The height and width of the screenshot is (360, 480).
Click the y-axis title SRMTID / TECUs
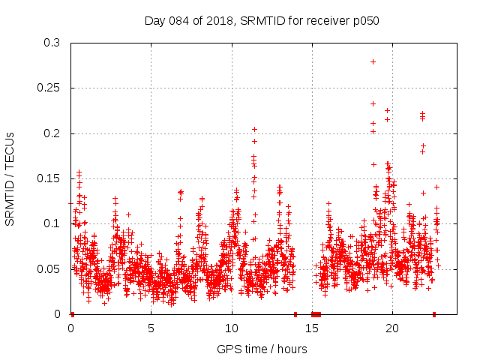pos(10,178)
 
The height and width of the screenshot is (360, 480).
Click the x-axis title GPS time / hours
pos(262,349)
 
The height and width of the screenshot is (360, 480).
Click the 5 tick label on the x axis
pos(151,328)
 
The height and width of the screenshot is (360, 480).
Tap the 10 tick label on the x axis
pos(232,328)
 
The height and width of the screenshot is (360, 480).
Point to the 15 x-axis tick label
pos(312,328)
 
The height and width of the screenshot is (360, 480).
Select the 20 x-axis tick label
pos(392,328)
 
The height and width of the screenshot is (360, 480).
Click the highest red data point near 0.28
pos(373,61)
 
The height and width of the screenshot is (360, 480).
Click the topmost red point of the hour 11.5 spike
pos(254,129)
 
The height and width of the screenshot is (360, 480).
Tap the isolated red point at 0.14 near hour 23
pos(436,187)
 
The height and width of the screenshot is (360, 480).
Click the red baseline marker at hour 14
pos(295,314)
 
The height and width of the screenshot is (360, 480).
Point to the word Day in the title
pos(154,21)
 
